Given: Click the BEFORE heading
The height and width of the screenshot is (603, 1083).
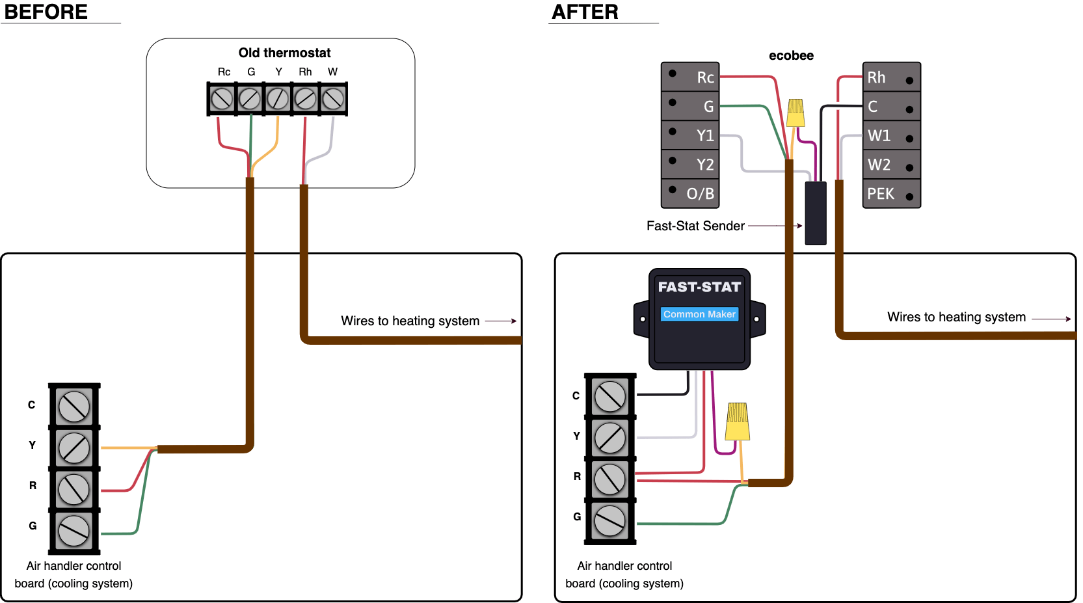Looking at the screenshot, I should (x=46, y=12).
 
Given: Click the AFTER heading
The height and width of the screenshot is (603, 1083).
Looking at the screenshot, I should (x=585, y=12).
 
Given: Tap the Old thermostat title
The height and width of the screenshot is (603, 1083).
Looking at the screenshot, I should (x=284, y=53).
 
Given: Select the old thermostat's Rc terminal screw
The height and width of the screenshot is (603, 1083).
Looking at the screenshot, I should (x=222, y=99).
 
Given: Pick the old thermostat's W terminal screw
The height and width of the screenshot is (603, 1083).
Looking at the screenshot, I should (x=333, y=99).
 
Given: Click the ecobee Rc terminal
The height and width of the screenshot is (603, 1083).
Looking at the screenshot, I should (x=690, y=77).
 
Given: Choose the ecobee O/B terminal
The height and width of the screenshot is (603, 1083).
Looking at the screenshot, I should (x=690, y=193).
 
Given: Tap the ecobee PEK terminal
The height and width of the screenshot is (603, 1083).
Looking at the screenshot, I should (x=891, y=194).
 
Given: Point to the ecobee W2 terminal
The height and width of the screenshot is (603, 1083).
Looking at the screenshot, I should (x=891, y=165).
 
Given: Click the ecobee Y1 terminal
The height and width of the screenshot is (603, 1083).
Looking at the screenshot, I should (x=690, y=135).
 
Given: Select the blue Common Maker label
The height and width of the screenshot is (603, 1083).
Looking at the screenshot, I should (x=699, y=314).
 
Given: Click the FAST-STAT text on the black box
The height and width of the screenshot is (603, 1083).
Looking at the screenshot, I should (x=699, y=287).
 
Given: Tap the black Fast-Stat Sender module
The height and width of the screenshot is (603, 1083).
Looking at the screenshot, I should (x=816, y=213).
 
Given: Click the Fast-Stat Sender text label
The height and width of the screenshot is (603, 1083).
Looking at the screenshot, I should (x=695, y=226).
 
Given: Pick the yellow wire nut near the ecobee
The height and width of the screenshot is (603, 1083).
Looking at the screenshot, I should (x=796, y=113).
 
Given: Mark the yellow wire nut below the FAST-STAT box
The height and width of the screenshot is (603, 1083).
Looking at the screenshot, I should (x=738, y=422).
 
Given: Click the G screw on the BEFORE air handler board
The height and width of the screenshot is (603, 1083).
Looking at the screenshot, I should (x=74, y=531).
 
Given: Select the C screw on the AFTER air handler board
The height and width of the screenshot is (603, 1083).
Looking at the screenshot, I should (x=609, y=396).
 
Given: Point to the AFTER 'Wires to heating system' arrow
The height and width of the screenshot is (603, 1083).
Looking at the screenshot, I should (x=1051, y=319).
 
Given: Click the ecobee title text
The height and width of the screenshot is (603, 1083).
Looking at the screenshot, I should (x=791, y=55).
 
